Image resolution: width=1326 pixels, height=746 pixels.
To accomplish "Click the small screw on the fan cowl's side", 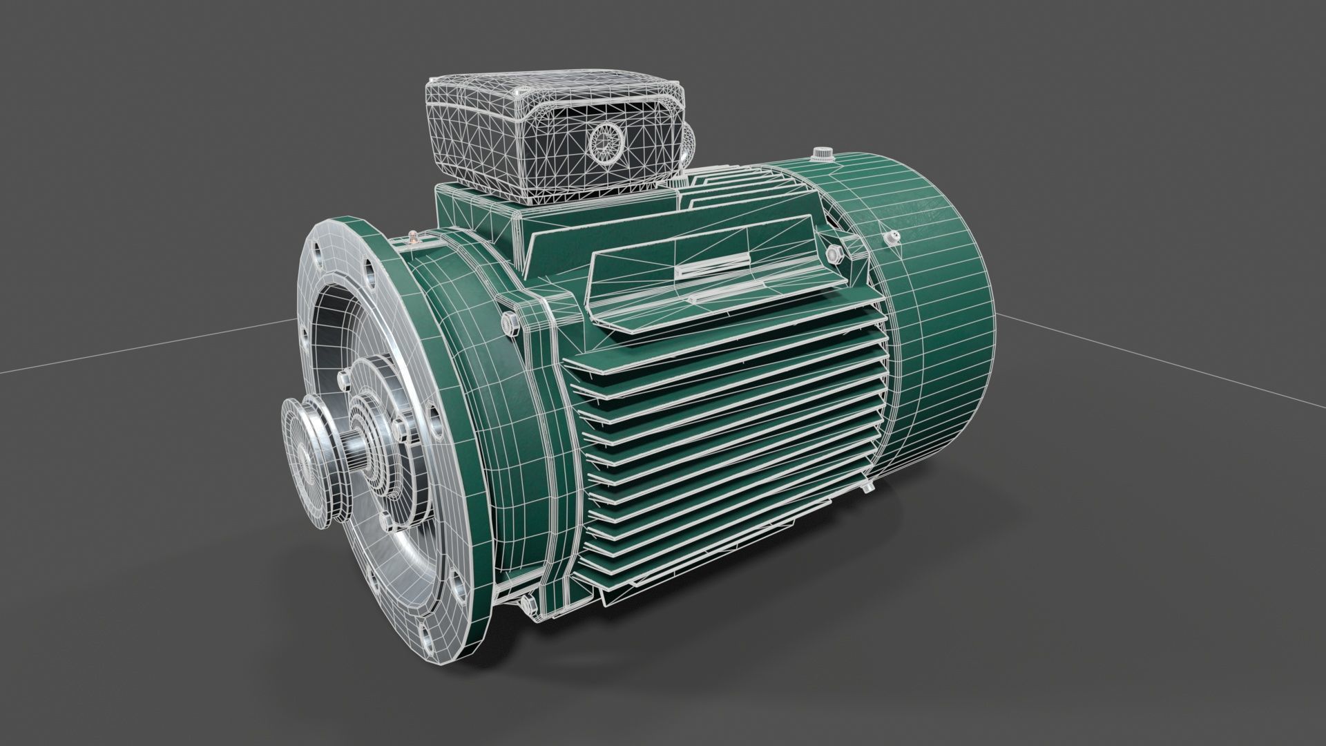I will tap(893, 239).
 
